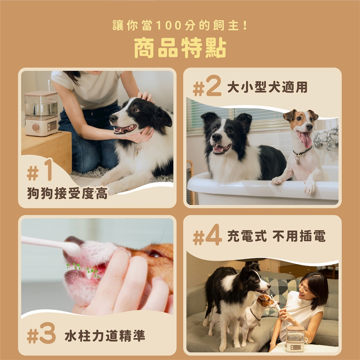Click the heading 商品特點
click(180, 48)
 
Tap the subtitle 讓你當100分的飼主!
click(180, 26)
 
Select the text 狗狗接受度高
click(67, 193)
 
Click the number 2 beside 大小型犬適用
click(213, 87)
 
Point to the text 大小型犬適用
click(267, 87)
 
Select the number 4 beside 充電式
click(213, 236)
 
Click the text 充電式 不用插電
click(276, 236)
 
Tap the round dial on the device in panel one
click(36, 127)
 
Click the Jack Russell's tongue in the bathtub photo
click(305, 139)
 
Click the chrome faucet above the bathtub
click(326, 139)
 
